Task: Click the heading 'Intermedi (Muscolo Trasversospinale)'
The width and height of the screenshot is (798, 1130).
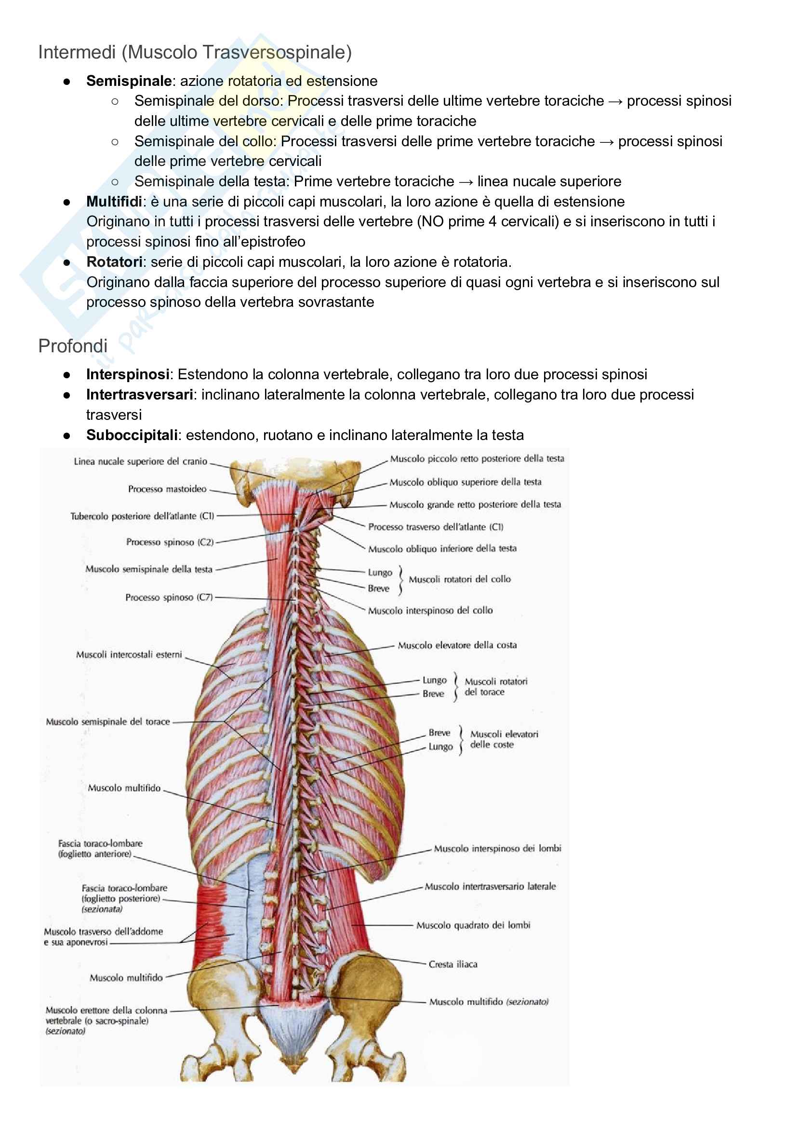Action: (195, 52)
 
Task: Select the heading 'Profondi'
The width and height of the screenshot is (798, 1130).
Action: (73, 346)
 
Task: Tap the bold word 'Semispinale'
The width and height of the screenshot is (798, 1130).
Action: (129, 81)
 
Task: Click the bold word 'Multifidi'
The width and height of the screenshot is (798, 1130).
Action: (114, 201)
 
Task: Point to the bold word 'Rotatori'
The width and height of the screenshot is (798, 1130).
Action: (114, 262)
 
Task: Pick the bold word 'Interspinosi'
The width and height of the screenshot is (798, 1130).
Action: (128, 374)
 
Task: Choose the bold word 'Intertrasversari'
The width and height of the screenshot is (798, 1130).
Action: (140, 395)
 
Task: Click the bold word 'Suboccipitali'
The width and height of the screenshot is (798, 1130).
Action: (132, 435)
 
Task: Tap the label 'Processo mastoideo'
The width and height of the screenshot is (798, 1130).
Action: (167, 489)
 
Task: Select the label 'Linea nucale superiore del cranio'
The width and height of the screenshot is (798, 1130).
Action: (141, 461)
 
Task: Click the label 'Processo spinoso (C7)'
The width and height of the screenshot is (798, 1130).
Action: (169, 597)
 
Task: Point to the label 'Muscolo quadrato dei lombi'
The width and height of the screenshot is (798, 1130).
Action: (473, 925)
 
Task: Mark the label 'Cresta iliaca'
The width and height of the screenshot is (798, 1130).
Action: (453, 964)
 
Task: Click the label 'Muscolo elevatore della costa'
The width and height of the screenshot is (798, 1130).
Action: (457, 645)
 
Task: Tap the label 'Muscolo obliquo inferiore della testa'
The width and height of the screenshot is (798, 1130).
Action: (442, 548)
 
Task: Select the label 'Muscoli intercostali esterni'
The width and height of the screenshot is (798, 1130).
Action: (129, 655)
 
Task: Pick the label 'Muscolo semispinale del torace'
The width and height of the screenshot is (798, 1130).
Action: (107, 721)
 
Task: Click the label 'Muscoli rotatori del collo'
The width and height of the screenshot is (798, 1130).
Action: (460, 579)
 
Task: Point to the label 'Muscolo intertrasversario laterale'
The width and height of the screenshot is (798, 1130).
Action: (490, 886)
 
